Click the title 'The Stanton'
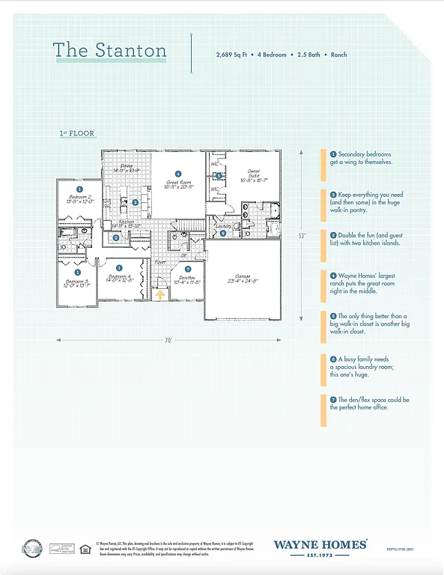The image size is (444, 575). [x=109, y=50]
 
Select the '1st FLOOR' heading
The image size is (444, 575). [x=76, y=133]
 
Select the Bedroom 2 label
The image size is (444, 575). [x=79, y=200]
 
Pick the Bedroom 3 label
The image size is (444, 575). [x=76, y=283]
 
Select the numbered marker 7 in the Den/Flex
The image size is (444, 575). [x=188, y=269]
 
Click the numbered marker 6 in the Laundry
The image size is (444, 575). [x=222, y=233]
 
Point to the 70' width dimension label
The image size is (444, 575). [x=169, y=340]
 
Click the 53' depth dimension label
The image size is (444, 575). [x=302, y=235]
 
